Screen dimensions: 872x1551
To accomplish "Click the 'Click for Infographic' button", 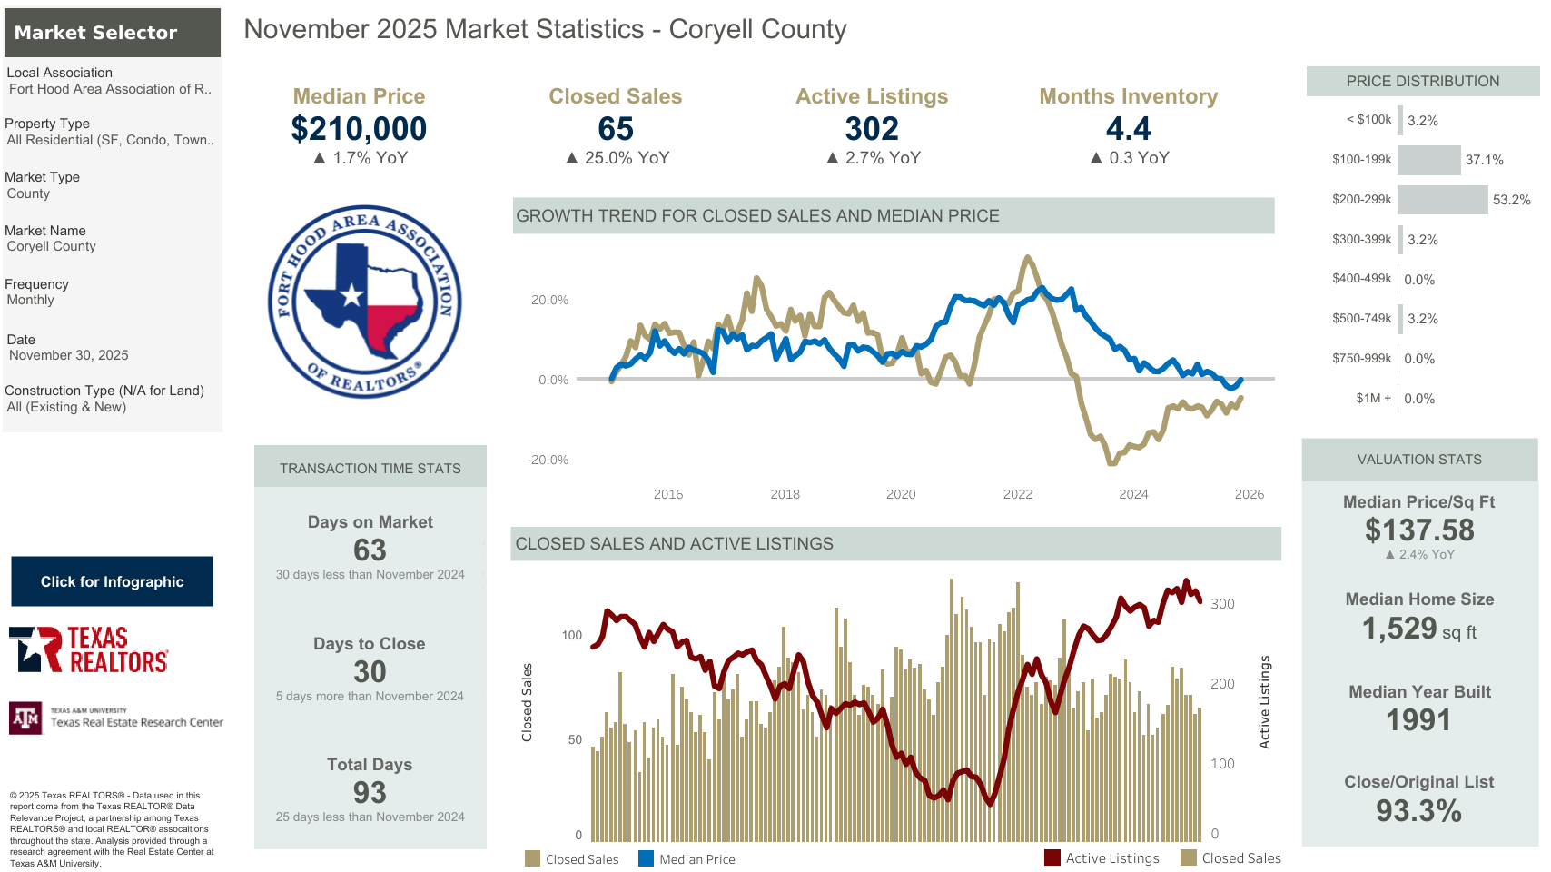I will (112, 581).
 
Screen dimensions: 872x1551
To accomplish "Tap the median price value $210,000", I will (359, 129).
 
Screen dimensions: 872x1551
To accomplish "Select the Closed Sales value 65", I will (615, 129).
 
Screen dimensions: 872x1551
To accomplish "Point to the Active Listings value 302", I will (872, 129).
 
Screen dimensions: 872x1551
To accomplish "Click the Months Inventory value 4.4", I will (1128, 129).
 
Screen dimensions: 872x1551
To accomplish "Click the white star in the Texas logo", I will (351, 294).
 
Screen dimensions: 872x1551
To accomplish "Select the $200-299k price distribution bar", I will (1442, 200).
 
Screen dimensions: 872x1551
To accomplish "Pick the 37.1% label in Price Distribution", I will (1484, 160).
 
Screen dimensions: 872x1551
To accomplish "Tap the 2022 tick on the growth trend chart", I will (1017, 494).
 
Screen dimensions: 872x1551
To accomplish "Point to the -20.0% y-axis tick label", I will (548, 461).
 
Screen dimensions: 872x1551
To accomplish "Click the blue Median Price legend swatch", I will (646, 858).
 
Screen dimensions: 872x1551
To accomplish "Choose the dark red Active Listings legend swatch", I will (1052, 857).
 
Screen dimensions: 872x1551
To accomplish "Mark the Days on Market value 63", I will (370, 550).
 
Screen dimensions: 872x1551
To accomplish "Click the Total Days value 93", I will (370, 793).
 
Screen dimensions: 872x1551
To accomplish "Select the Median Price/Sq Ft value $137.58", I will (1418, 530).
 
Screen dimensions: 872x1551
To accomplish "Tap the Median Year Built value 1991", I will (1418, 720).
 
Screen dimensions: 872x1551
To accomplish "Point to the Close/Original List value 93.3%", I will (1418, 810).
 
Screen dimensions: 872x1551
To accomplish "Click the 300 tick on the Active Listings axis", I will (1222, 604).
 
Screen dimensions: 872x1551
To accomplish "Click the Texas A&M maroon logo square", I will (25, 718).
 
